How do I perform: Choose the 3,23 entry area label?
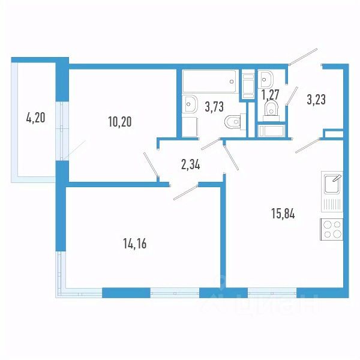317,100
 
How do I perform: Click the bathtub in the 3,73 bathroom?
209,80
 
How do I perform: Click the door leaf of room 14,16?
184,193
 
